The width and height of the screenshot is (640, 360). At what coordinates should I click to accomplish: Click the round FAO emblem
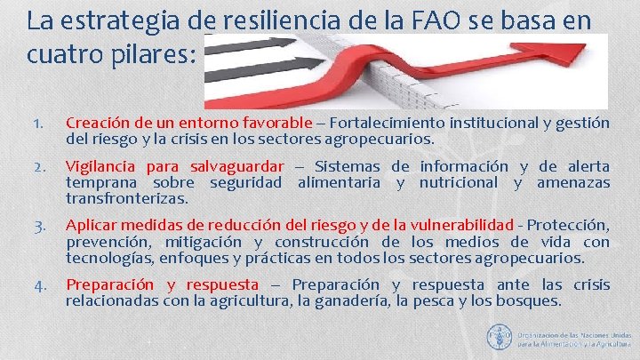pyautogui.click(x=499, y=336)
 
